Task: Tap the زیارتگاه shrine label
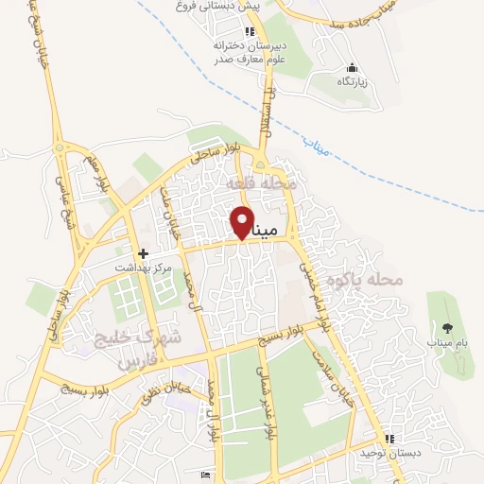[x=353, y=82]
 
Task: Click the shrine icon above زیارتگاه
[x=353, y=68]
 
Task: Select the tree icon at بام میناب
[x=446, y=329]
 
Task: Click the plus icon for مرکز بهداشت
[x=144, y=253]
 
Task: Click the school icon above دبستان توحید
[x=389, y=439]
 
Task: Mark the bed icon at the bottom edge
[x=206, y=475]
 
